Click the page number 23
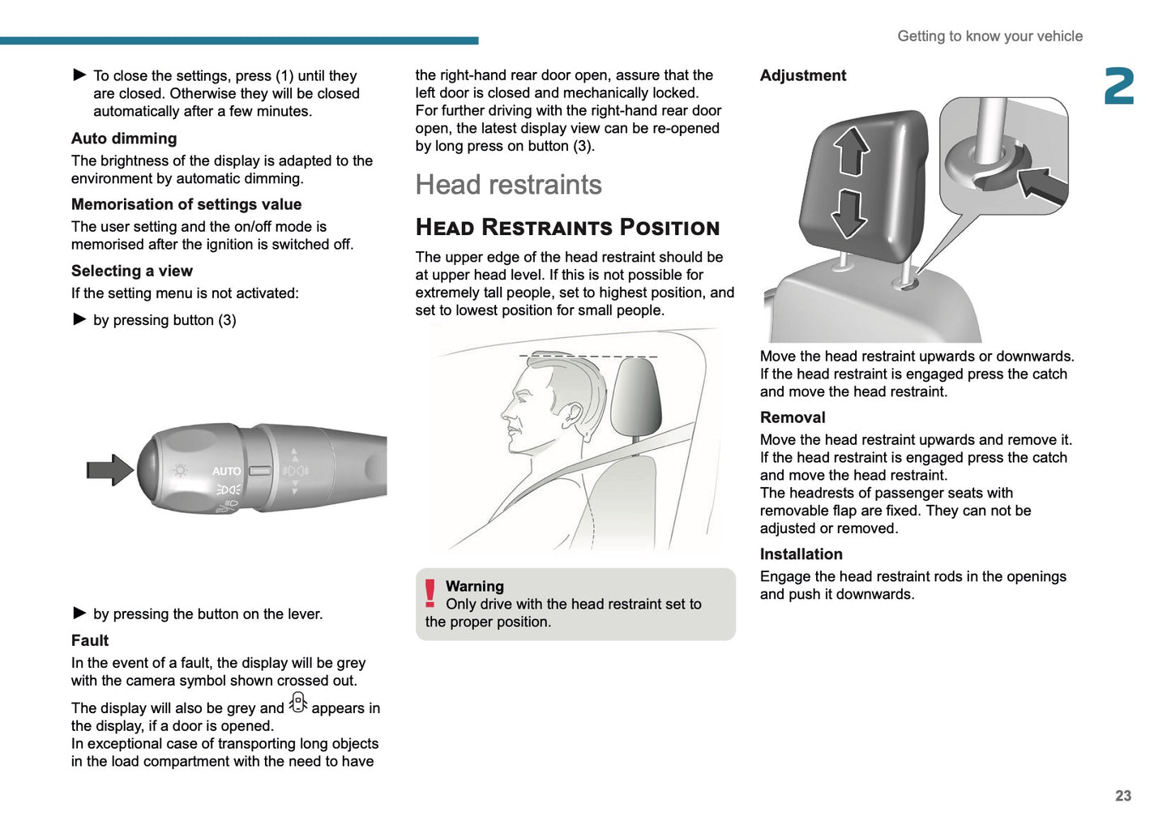click(1122, 796)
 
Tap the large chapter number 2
click(1119, 87)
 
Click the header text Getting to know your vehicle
click(989, 36)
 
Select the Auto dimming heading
click(124, 139)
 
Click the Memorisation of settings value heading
click(186, 204)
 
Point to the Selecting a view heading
click(132, 271)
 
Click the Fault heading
click(90, 640)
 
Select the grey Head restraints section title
click(508, 185)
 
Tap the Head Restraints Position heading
click(567, 228)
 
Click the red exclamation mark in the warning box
click(430, 594)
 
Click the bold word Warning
click(475, 586)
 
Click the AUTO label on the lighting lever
click(226, 471)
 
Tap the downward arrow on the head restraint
click(849, 213)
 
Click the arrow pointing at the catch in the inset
click(1043, 184)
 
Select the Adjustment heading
click(802, 75)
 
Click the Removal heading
click(793, 417)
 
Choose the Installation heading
click(801, 554)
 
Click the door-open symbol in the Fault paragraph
click(298, 703)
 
